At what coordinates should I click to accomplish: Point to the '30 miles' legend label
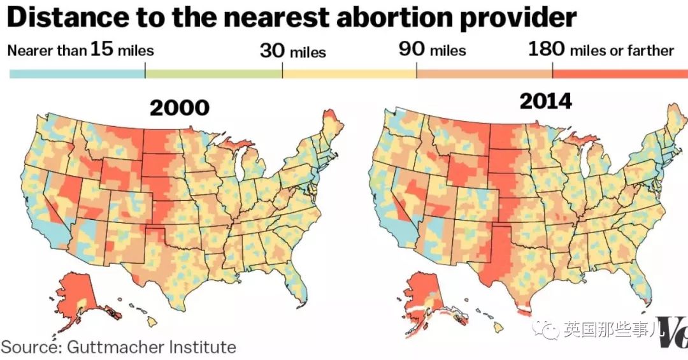292,52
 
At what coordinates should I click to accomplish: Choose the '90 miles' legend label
432,50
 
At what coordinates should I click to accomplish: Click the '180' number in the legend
547,49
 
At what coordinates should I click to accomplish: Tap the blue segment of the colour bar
77,74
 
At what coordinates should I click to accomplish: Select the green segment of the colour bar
213,74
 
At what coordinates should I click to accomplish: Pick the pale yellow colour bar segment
349,74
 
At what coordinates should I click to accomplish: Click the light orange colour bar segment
484,74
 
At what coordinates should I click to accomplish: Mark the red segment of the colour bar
620,74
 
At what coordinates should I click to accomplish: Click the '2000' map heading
180,108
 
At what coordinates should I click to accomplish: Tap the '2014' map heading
546,101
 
